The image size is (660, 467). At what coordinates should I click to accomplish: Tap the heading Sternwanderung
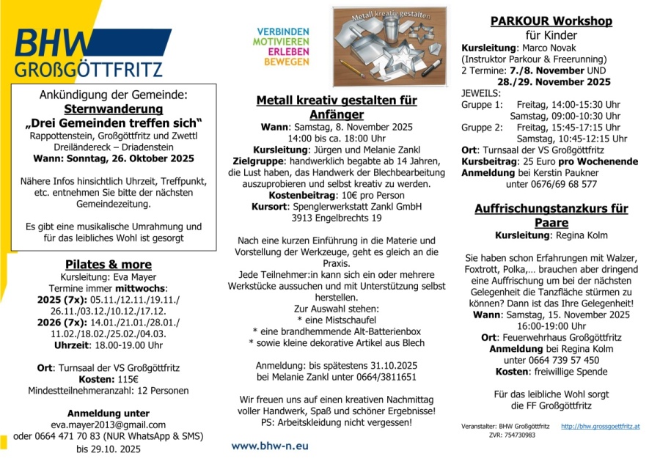[114, 109]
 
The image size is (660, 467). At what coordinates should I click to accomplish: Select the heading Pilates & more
[108, 264]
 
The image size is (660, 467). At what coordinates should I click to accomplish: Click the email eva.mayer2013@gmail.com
[108, 424]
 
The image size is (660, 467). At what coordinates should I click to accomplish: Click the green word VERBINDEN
[282, 32]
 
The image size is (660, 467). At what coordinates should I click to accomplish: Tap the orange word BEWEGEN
[287, 62]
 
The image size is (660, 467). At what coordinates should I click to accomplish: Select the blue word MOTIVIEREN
[282, 43]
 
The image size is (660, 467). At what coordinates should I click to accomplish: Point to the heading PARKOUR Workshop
[551, 21]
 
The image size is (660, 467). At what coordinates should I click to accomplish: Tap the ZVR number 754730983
[520, 435]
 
